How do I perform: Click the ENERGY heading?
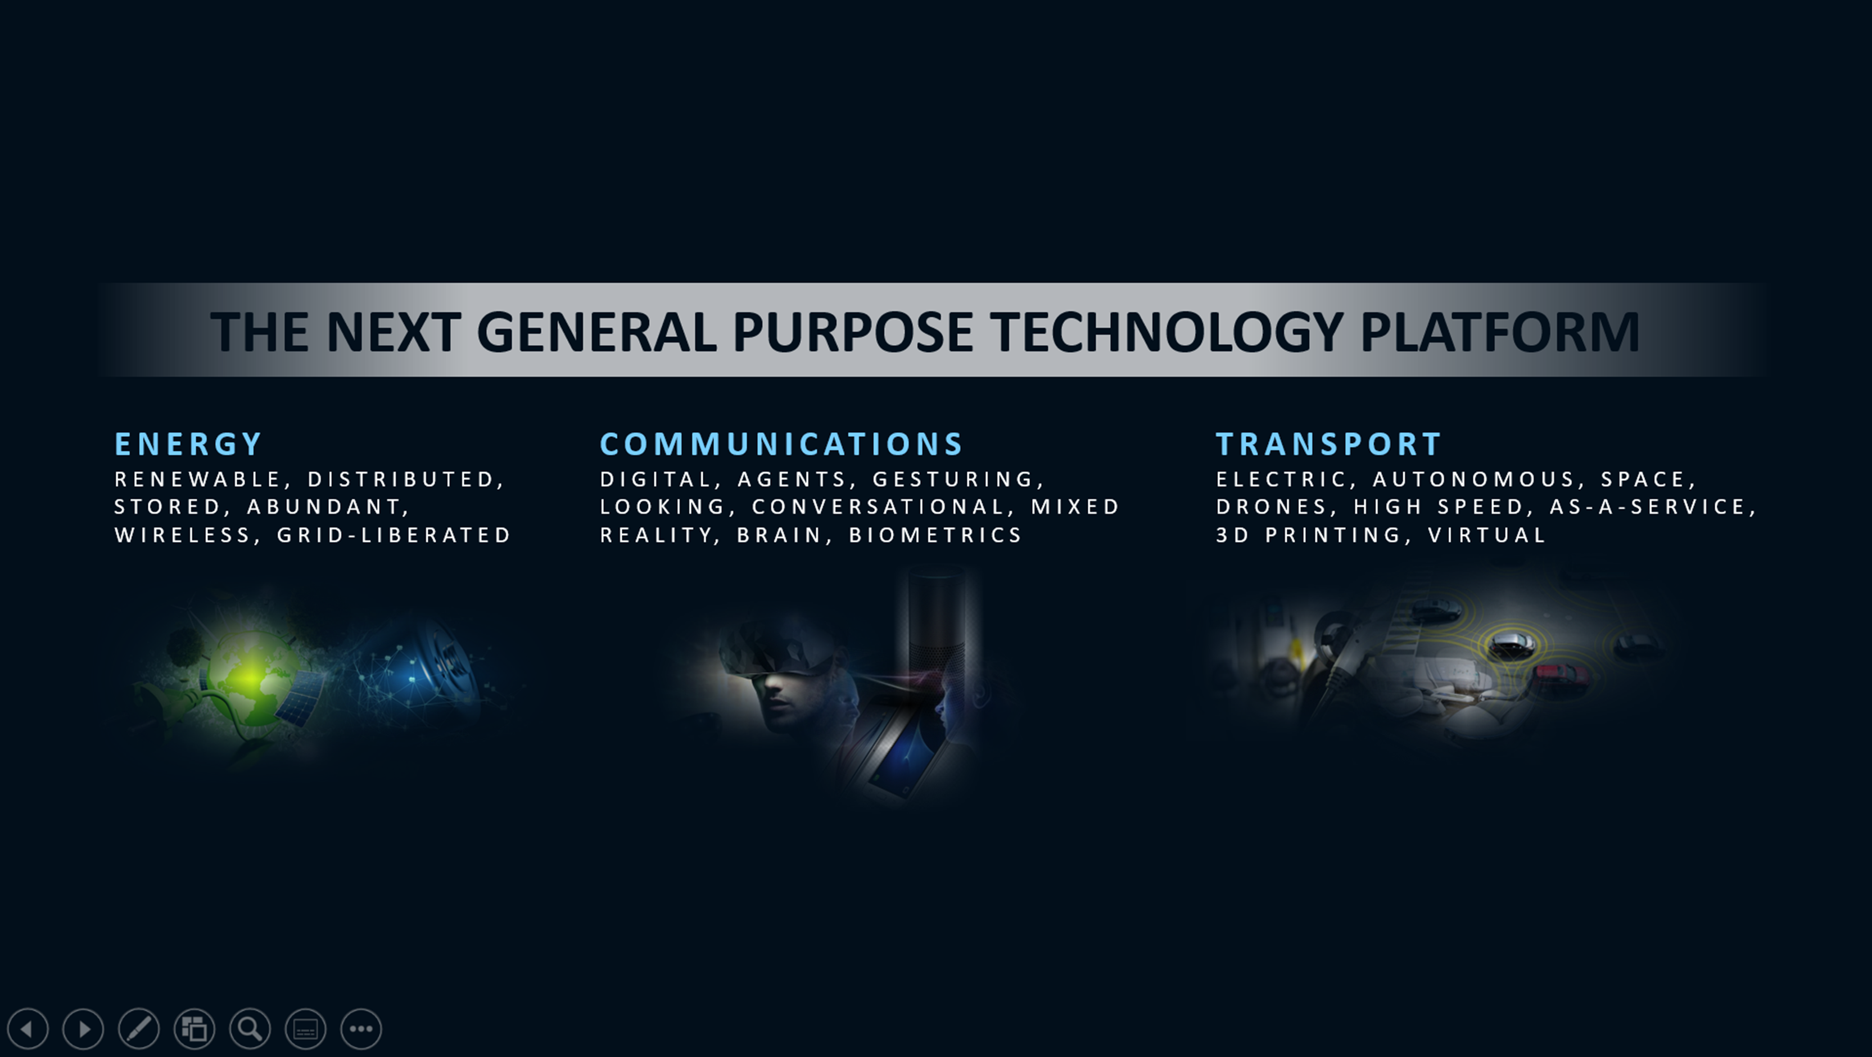(188, 444)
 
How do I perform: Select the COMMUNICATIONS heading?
(781, 444)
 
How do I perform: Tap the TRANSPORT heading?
(1328, 444)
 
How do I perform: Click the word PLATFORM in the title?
(1499, 332)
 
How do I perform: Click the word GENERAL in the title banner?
(596, 332)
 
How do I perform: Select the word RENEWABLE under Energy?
(198, 480)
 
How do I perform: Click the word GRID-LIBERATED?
(394, 535)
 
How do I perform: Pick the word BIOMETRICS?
(935, 535)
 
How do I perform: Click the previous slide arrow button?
(28, 1029)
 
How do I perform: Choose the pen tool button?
(139, 1029)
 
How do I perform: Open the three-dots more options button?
(361, 1029)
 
